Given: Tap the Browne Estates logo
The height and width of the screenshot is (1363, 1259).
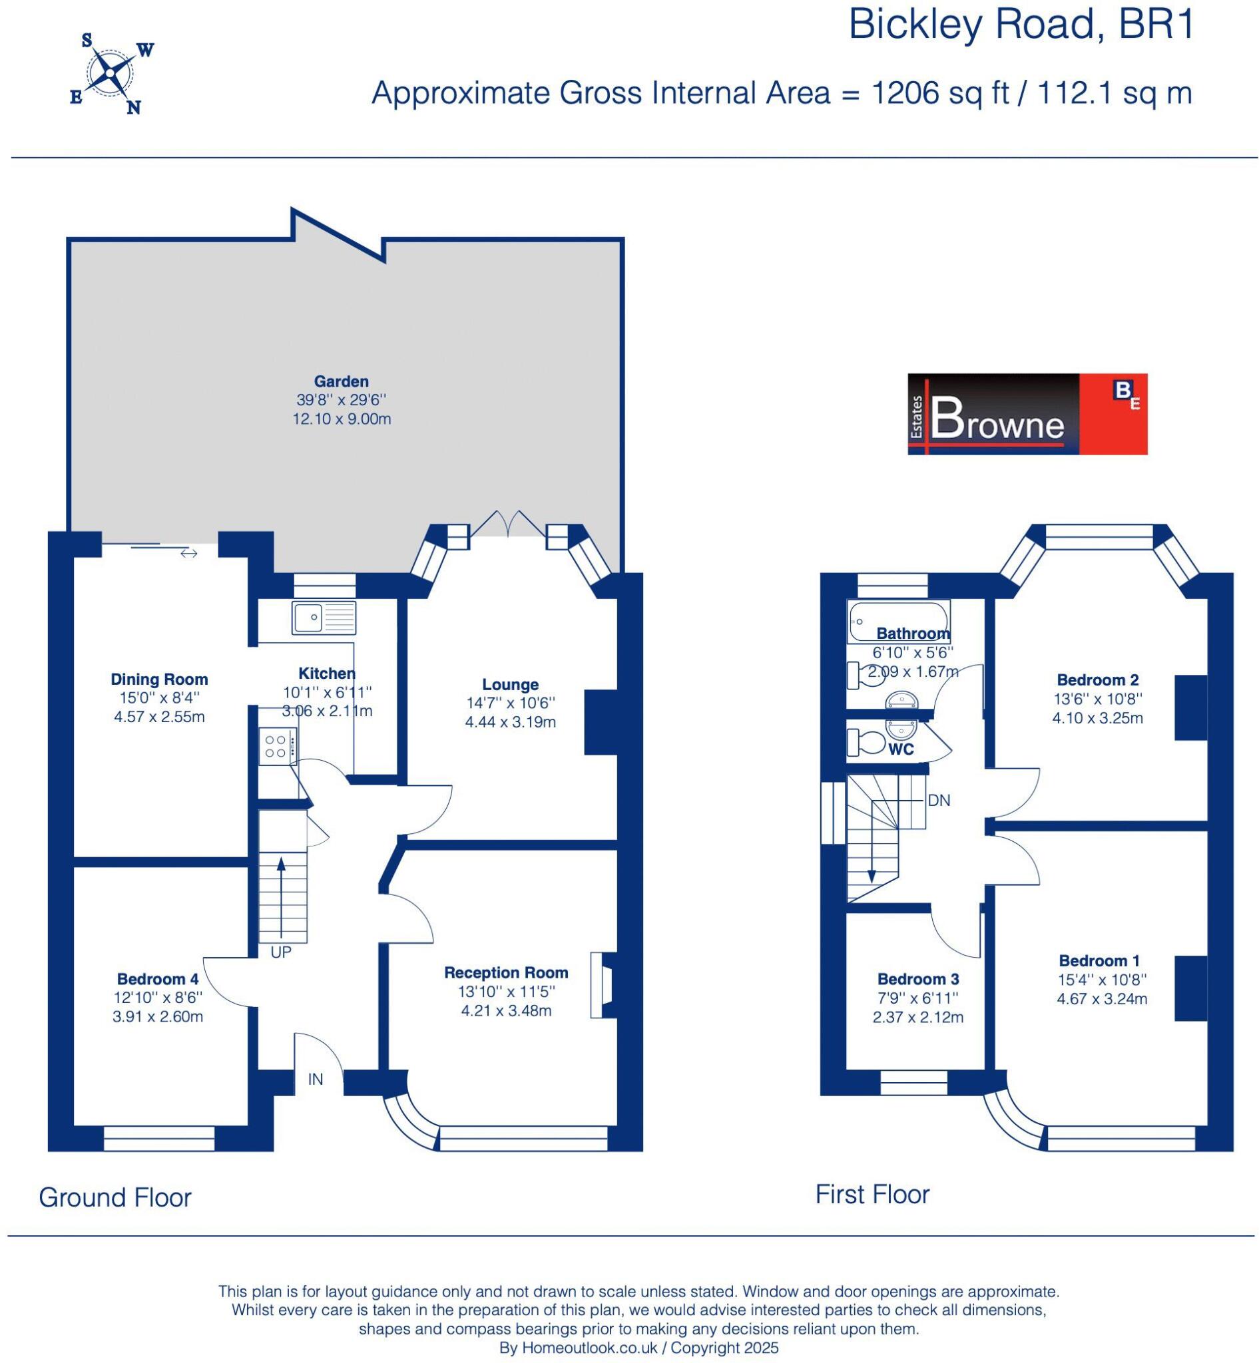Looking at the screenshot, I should point(1027,413).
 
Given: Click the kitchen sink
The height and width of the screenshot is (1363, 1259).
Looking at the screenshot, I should point(324,617).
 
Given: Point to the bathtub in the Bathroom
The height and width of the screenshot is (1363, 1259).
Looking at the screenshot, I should point(898,620).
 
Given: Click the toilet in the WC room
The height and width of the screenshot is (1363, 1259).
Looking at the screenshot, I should point(863,742).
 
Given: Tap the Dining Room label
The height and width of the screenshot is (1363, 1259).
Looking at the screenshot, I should point(158,679).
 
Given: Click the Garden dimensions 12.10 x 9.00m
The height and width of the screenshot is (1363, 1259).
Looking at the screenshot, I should point(342,419).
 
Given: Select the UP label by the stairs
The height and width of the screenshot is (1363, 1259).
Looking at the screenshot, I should point(281,953).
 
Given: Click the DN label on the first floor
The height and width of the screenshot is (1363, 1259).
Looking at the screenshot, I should point(938,801).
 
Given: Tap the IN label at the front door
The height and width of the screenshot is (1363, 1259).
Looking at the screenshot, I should point(316,1079).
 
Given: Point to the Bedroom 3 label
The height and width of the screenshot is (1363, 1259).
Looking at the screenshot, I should point(917,979).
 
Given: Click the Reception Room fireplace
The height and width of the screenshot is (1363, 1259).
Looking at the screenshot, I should point(601,985).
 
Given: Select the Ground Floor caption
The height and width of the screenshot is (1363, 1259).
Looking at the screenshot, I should point(115,1197).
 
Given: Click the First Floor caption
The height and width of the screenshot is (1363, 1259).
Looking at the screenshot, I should point(872,1194).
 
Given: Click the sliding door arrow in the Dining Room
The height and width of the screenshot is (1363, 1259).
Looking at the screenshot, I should point(188,553).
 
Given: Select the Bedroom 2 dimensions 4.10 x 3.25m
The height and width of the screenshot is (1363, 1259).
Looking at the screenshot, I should point(1097,718).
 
